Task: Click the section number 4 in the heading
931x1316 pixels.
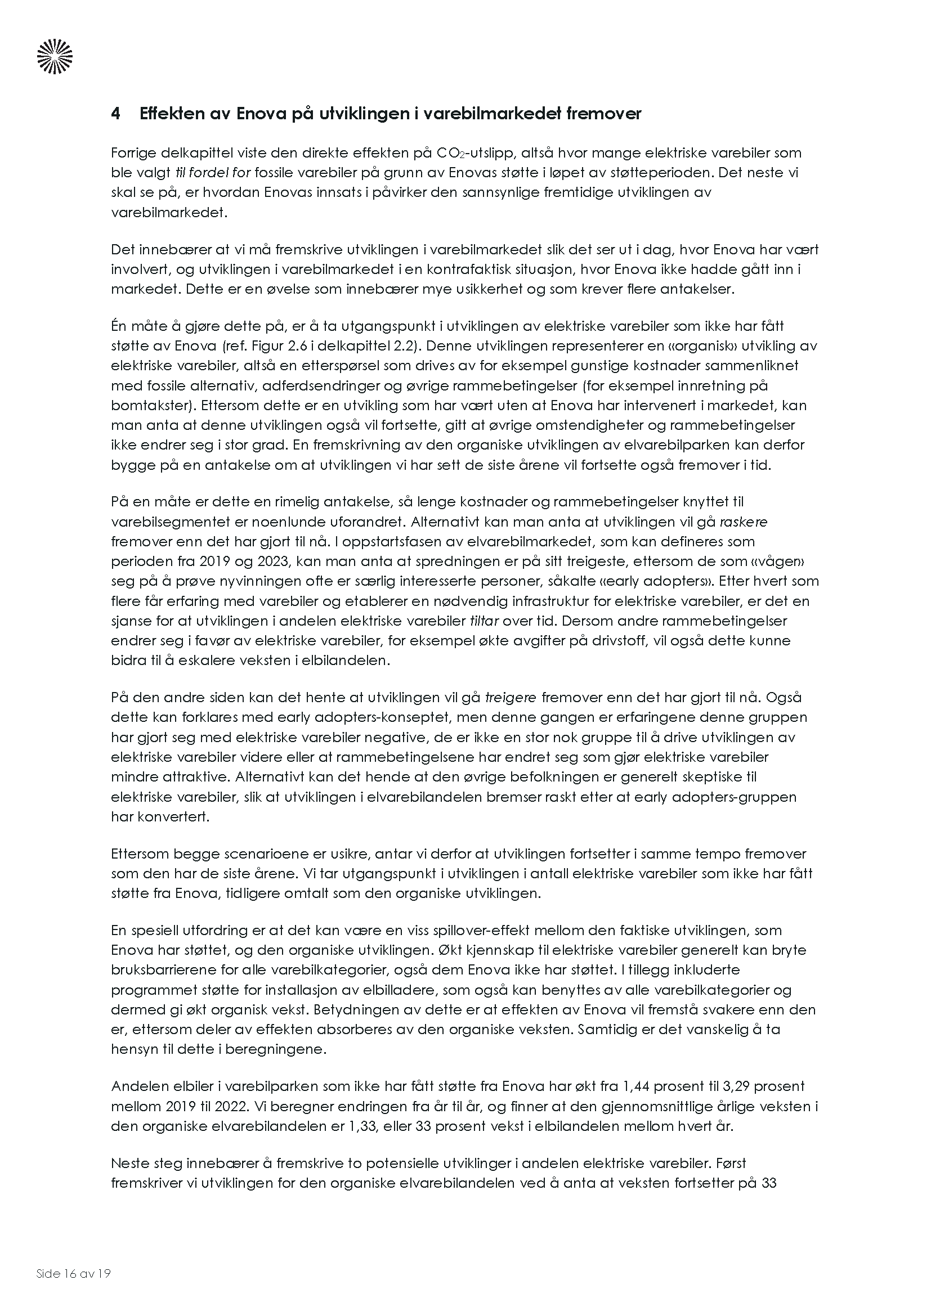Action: [x=116, y=114]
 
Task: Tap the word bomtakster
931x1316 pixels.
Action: [x=149, y=405]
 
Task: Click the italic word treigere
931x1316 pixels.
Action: [x=510, y=698]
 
